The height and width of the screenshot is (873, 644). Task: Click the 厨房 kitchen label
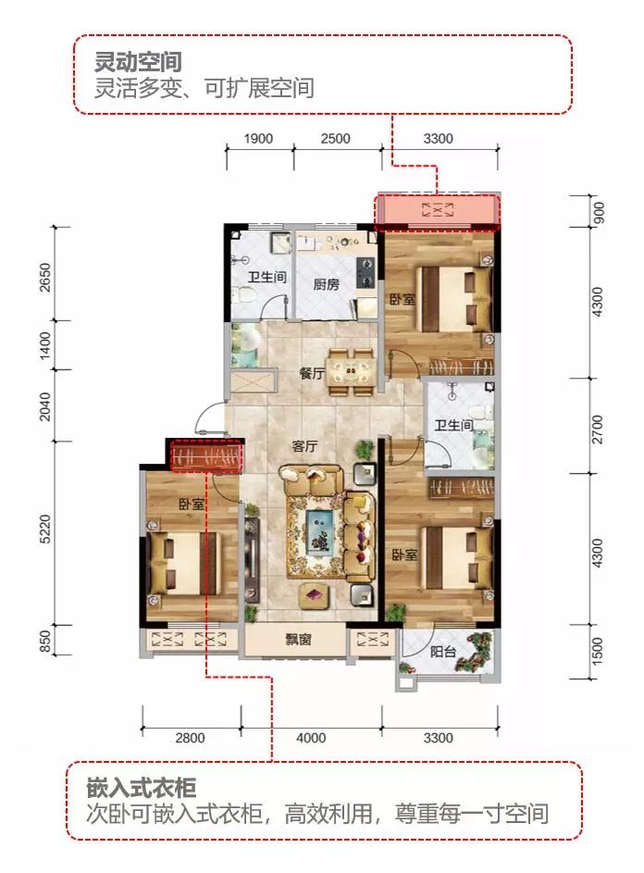326,284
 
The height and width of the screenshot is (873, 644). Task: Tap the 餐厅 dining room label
312,374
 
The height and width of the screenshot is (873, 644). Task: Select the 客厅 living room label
304,446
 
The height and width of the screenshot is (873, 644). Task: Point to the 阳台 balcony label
443,652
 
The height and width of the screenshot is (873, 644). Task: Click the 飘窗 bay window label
298,639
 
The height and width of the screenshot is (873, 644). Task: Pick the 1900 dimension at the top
258,139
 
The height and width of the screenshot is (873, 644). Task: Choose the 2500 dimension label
335,139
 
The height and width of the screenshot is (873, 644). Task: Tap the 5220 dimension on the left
45,529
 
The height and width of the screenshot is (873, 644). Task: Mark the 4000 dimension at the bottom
311,738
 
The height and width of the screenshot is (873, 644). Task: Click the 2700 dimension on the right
597,430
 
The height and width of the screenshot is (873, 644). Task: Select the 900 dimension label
598,212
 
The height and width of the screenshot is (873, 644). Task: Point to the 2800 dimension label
191,738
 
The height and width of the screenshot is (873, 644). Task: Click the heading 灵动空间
138,62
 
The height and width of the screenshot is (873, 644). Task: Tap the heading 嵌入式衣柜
142,789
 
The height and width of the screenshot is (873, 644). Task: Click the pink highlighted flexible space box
438,212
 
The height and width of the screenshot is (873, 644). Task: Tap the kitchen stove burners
365,272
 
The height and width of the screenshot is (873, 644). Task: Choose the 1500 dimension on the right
597,652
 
